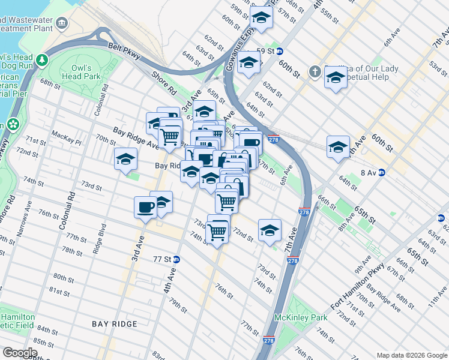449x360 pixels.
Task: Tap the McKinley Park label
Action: tap(292, 317)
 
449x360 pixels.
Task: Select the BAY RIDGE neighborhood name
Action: tap(115, 324)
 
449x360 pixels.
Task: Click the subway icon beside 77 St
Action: tap(176, 260)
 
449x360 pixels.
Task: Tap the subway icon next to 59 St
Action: tap(280, 52)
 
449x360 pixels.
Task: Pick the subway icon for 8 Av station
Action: tap(381, 173)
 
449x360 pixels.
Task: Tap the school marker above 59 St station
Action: tap(261, 18)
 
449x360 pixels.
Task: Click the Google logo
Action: tap(20, 353)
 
